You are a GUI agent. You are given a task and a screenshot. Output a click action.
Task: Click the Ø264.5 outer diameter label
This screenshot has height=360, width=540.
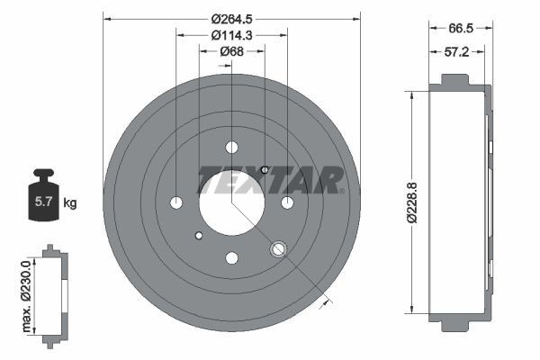[x=231, y=17]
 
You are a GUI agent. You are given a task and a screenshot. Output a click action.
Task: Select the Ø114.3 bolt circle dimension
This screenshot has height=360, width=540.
[x=231, y=35]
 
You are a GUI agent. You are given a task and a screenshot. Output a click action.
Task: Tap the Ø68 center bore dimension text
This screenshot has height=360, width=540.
[x=231, y=51]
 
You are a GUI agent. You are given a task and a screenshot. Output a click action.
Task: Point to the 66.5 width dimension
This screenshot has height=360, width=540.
[x=460, y=28]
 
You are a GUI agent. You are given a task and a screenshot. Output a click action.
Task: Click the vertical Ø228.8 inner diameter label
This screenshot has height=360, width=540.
[x=413, y=202]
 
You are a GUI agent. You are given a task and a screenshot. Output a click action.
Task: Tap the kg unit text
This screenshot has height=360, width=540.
[x=70, y=203]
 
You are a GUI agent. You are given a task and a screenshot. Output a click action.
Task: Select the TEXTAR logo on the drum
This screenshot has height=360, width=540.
[x=270, y=180]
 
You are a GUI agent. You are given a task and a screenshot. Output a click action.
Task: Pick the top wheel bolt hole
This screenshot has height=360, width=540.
[x=231, y=147]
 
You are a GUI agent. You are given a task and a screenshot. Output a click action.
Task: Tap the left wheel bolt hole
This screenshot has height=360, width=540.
[x=176, y=202]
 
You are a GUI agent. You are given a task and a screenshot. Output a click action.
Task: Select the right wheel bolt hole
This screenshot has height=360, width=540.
[x=287, y=202]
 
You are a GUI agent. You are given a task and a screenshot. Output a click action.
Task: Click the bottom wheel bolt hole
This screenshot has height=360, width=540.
[x=231, y=256]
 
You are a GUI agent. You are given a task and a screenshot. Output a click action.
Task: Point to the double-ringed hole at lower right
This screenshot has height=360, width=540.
[x=278, y=248]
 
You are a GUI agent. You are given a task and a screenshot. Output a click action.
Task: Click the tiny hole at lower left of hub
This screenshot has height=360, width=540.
[x=198, y=236]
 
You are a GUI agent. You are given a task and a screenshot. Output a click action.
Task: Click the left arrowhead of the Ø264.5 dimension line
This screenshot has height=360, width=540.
[x=106, y=17]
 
